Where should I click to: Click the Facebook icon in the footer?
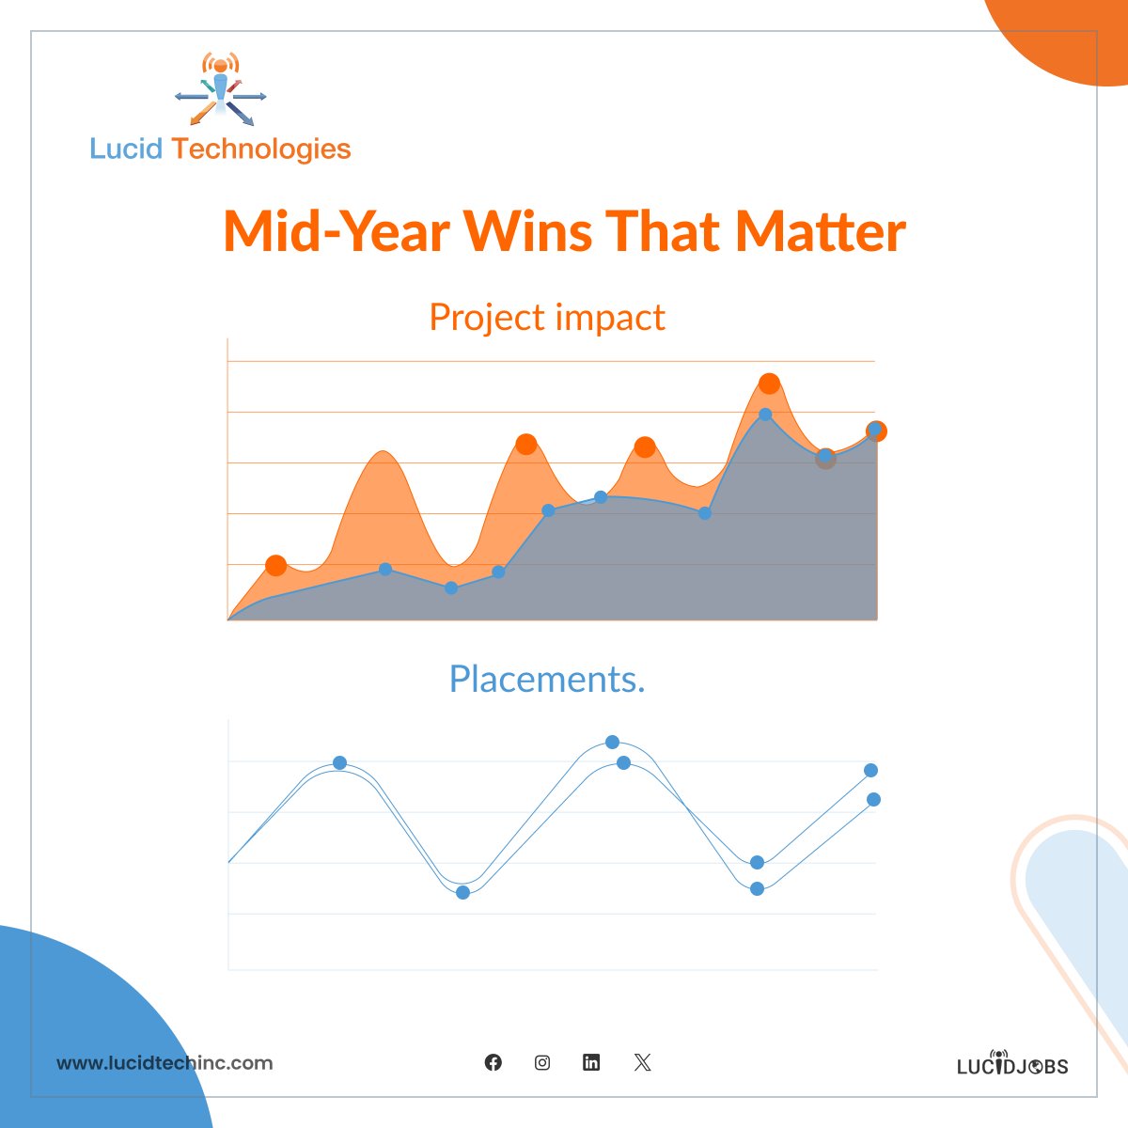pos(493,1062)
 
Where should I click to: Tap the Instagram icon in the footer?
pos(542,1062)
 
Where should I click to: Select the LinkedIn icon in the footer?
pos(591,1062)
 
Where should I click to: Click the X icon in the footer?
pos(642,1062)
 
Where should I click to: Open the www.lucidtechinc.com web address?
pos(164,1063)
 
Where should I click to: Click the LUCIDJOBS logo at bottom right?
pos(1012,1064)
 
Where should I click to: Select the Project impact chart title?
pos(546,318)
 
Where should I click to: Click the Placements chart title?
pos(546,679)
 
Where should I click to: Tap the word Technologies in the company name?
pos(261,149)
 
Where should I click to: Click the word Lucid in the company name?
pos(126,149)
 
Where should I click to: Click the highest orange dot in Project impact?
pos(769,384)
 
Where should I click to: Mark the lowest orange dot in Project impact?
pos(275,566)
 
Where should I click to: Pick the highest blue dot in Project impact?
pos(765,415)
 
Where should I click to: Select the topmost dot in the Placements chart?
pos(612,742)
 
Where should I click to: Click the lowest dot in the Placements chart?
pos(462,892)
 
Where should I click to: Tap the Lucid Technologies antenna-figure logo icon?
pos(221,90)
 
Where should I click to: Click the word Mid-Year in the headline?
pos(337,231)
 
